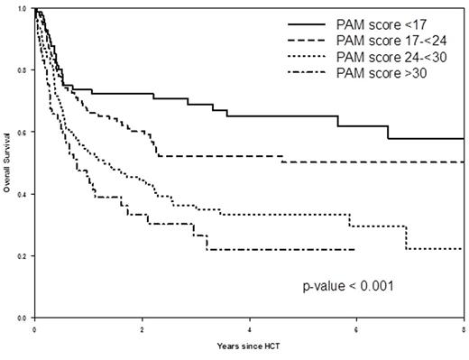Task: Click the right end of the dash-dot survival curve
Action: (x=354, y=249)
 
